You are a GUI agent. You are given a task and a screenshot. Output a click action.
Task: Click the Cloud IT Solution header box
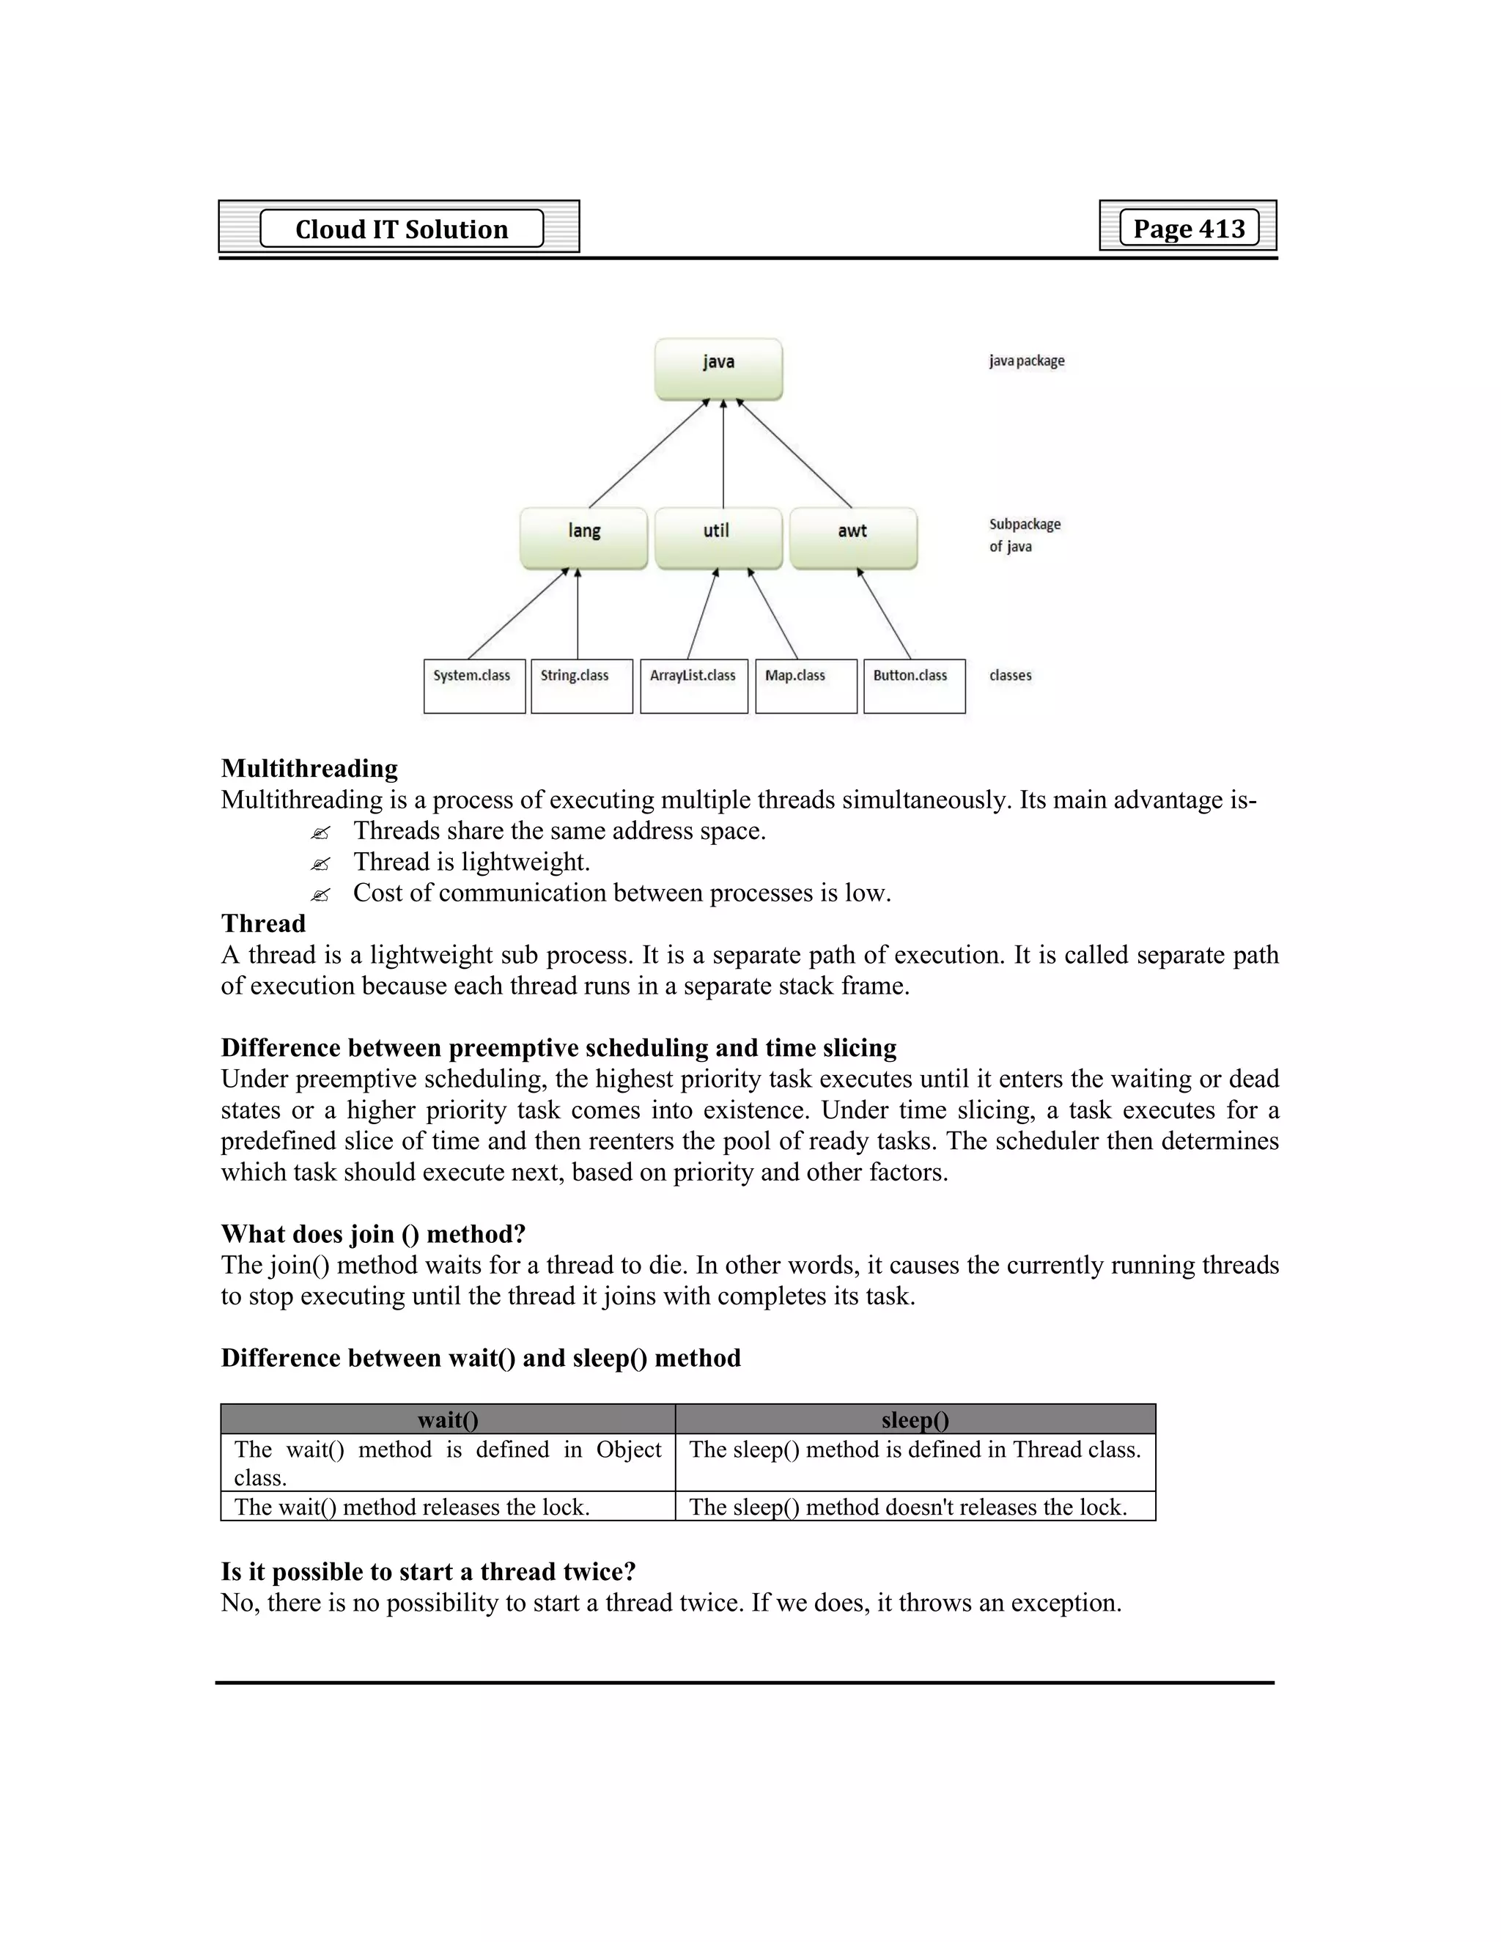401,229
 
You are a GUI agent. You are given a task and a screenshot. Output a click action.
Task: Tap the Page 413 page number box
1188,228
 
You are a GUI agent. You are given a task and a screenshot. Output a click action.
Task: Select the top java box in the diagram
718,368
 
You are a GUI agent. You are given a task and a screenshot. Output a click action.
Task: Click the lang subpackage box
583,537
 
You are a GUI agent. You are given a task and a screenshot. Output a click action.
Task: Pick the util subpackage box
718,537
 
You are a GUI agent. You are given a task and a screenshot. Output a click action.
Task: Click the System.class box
474,686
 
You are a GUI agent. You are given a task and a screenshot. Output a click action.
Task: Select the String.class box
581,686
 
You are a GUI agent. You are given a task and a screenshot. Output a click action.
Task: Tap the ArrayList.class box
693,686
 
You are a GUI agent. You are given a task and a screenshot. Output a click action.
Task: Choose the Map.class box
805,686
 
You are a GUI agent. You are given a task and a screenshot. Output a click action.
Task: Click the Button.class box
914,686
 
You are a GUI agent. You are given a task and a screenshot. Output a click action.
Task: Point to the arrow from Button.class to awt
885,613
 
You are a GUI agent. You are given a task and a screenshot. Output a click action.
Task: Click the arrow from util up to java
723,454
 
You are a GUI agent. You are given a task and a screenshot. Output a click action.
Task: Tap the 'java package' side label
1026,361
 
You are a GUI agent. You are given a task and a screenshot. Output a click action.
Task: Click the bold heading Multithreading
309,768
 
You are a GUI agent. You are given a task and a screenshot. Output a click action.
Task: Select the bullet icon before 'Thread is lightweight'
320,863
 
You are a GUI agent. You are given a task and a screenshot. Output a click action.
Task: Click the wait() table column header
448,1420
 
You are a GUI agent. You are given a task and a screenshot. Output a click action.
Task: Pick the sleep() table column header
915,1420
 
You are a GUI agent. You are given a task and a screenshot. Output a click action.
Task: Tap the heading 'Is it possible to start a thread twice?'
429,1571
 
